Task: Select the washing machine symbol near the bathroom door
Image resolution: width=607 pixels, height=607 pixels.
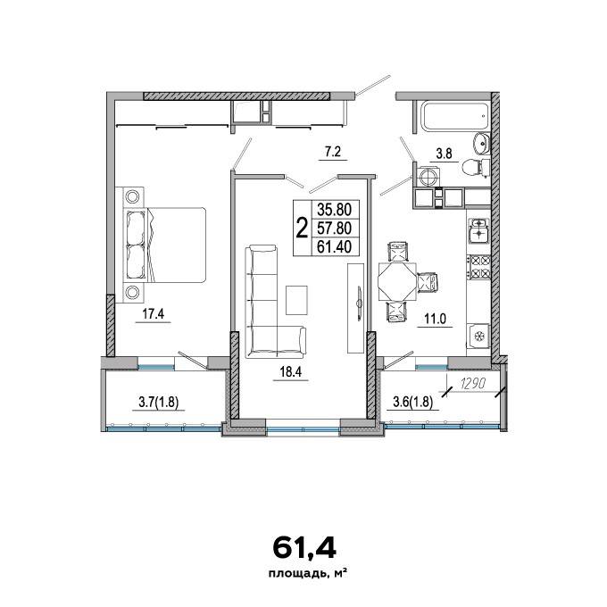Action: [429, 178]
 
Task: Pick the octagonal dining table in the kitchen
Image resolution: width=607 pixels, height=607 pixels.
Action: [397, 281]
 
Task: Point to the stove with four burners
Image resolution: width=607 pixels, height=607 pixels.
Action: [479, 267]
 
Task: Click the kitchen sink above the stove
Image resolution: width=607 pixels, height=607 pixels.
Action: [479, 230]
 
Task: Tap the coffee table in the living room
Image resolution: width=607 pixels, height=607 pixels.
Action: [296, 300]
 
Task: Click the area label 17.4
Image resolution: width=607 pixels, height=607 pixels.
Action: [154, 314]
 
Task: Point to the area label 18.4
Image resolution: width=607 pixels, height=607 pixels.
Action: [290, 372]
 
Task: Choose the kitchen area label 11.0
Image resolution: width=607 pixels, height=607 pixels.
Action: [435, 319]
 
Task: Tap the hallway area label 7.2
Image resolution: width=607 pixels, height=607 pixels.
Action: [333, 152]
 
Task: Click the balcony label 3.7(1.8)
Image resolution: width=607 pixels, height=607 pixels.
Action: [158, 403]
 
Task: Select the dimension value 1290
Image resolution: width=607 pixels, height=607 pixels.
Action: [473, 385]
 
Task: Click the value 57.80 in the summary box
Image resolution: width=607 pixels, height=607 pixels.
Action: [335, 228]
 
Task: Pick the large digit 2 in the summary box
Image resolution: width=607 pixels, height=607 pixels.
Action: [302, 228]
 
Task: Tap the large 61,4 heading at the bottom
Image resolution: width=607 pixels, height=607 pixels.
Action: [303, 548]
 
